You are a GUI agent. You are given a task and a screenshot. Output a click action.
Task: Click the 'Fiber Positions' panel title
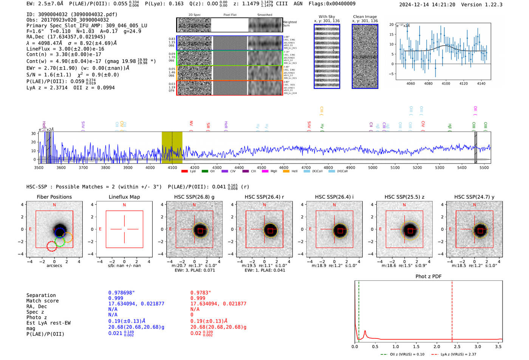click(x=54, y=197)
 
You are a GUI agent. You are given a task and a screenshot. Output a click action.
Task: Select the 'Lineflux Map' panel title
click(x=124, y=197)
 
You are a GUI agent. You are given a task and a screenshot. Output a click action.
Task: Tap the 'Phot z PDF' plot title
click(x=428, y=277)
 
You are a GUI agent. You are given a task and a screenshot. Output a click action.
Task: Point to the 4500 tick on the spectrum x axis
click(x=261, y=167)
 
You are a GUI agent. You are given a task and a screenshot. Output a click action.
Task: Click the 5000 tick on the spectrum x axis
click(x=373, y=167)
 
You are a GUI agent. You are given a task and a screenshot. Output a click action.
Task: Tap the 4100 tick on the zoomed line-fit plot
click(x=446, y=83)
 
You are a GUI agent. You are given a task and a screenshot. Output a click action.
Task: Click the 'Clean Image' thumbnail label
click(x=365, y=17)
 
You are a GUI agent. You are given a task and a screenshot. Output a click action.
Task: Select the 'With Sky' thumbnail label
click(x=327, y=17)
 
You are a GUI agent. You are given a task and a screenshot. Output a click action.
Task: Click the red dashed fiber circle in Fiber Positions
click(x=52, y=246)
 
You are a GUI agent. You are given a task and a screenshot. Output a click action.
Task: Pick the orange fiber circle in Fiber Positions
click(x=67, y=238)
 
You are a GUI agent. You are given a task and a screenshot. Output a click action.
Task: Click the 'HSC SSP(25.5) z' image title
click(x=404, y=197)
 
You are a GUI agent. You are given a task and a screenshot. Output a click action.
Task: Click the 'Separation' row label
click(x=41, y=295)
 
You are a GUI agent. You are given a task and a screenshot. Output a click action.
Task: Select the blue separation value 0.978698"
click(x=121, y=293)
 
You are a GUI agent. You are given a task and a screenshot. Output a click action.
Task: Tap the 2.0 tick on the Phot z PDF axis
click(x=437, y=346)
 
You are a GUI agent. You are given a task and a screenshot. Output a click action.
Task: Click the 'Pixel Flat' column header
click(x=230, y=15)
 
